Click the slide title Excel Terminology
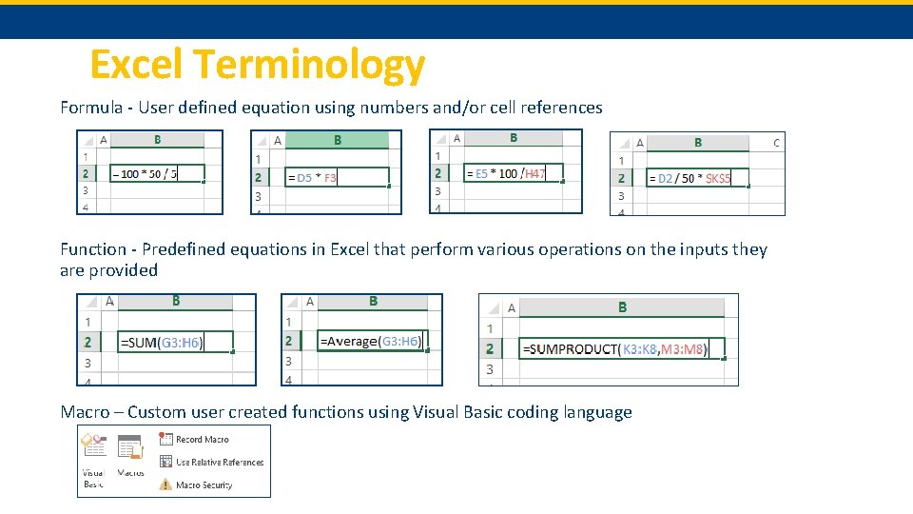click(257, 65)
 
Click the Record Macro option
click(202, 440)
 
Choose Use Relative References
click(219, 463)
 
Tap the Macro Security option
click(204, 485)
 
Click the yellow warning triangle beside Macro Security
click(165, 484)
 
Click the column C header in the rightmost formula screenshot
click(776, 143)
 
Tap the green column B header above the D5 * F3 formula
click(338, 140)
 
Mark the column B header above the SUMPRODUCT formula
click(622, 306)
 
